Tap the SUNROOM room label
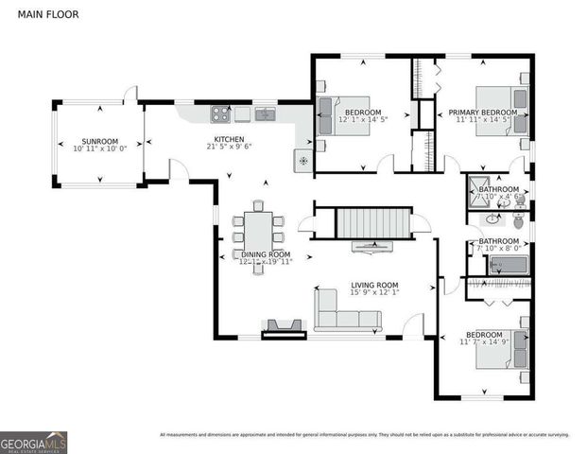pos(99,140)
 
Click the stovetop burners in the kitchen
pos(219,114)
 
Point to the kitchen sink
pos(265,115)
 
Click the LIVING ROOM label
pos(374,285)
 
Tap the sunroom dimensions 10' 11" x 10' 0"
pos(99,148)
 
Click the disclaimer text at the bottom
pos(364,435)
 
